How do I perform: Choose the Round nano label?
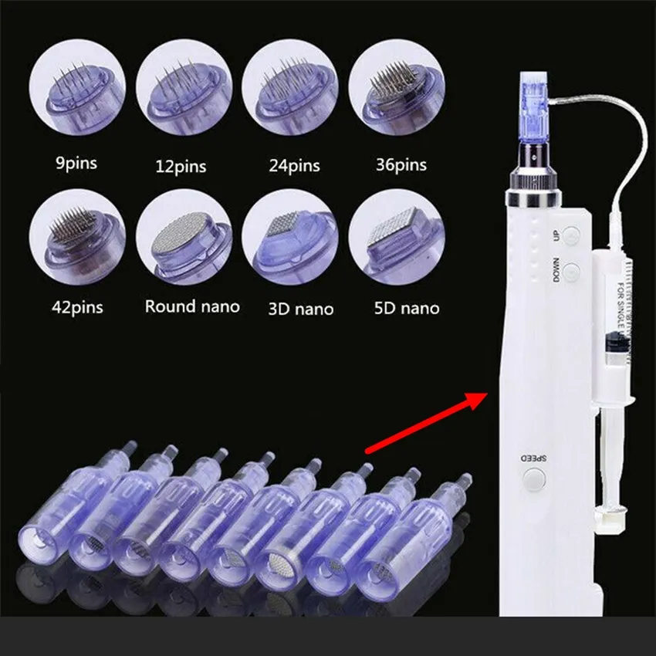192,306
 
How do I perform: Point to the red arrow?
425,422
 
